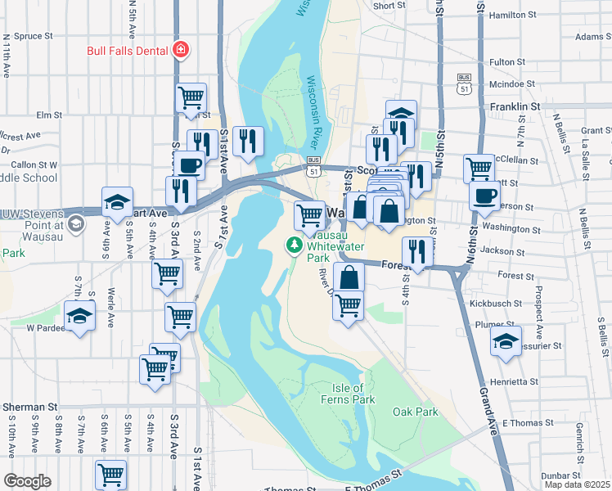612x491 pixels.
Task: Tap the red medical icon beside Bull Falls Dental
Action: (x=180, y=51)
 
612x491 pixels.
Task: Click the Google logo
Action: (x=27, y=481)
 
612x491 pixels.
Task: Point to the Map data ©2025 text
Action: (x=577, y=484)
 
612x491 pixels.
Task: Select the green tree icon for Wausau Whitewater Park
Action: (x=292, y=244)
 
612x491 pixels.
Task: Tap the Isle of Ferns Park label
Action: (x=353, y=393)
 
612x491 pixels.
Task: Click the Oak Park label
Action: (x=415, y=412)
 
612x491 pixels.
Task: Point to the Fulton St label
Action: (x=506, y=61)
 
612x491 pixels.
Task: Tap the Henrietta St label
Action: (x=515, y=381)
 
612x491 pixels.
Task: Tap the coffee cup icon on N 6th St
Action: (x=484, y=195)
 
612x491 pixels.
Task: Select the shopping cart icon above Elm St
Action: (x=191, y=97)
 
